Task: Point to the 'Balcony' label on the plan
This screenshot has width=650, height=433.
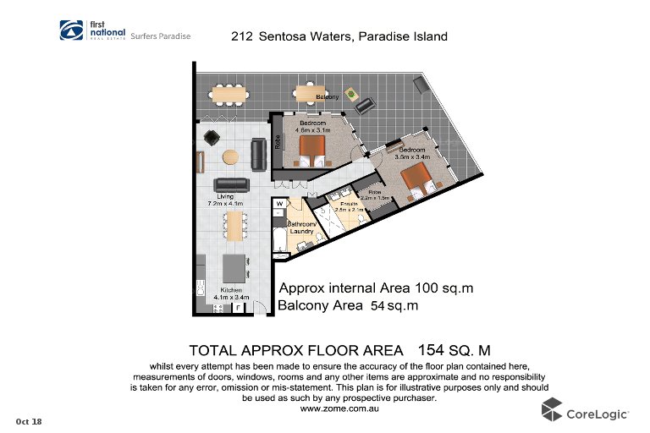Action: [x=328, y=97]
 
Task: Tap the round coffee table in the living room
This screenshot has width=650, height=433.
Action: [x=230, y=156]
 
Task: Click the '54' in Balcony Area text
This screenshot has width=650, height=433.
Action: [x=378, y=306]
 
